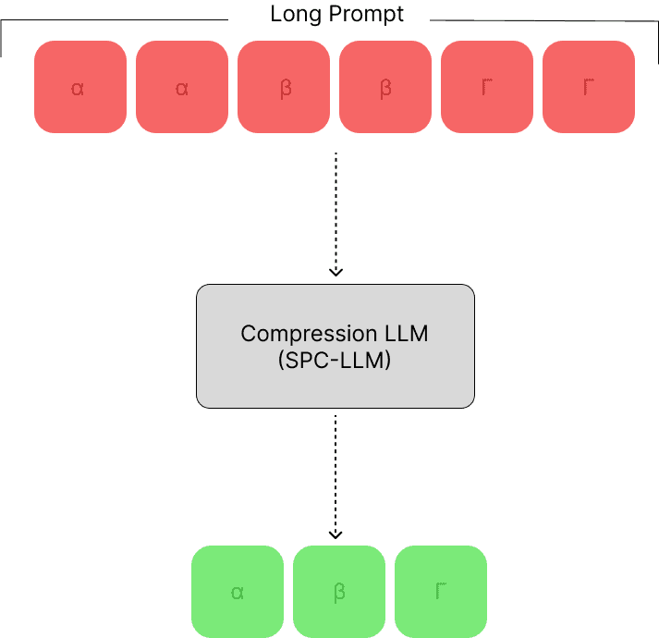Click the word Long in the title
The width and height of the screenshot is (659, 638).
tap(290, 15)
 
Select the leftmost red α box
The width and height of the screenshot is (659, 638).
tap(80, 87)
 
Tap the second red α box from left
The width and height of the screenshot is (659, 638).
tap(182, 87)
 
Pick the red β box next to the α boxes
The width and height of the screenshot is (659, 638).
tap(284, 87)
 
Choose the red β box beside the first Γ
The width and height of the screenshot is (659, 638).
tap(385, 87)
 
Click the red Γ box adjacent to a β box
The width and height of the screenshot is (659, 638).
tap(487, 87)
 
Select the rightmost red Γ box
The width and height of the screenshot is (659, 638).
tap(589, 87)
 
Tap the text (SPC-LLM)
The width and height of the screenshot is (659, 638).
tap(335, 362)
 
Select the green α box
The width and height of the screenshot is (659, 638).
tap(238, 592)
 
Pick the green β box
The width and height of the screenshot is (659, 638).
tap(339, 592)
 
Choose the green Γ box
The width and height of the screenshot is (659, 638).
tap(441, 592)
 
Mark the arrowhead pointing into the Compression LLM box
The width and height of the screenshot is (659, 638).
tap(336, 272)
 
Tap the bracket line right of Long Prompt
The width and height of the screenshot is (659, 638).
tap(545, 20)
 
